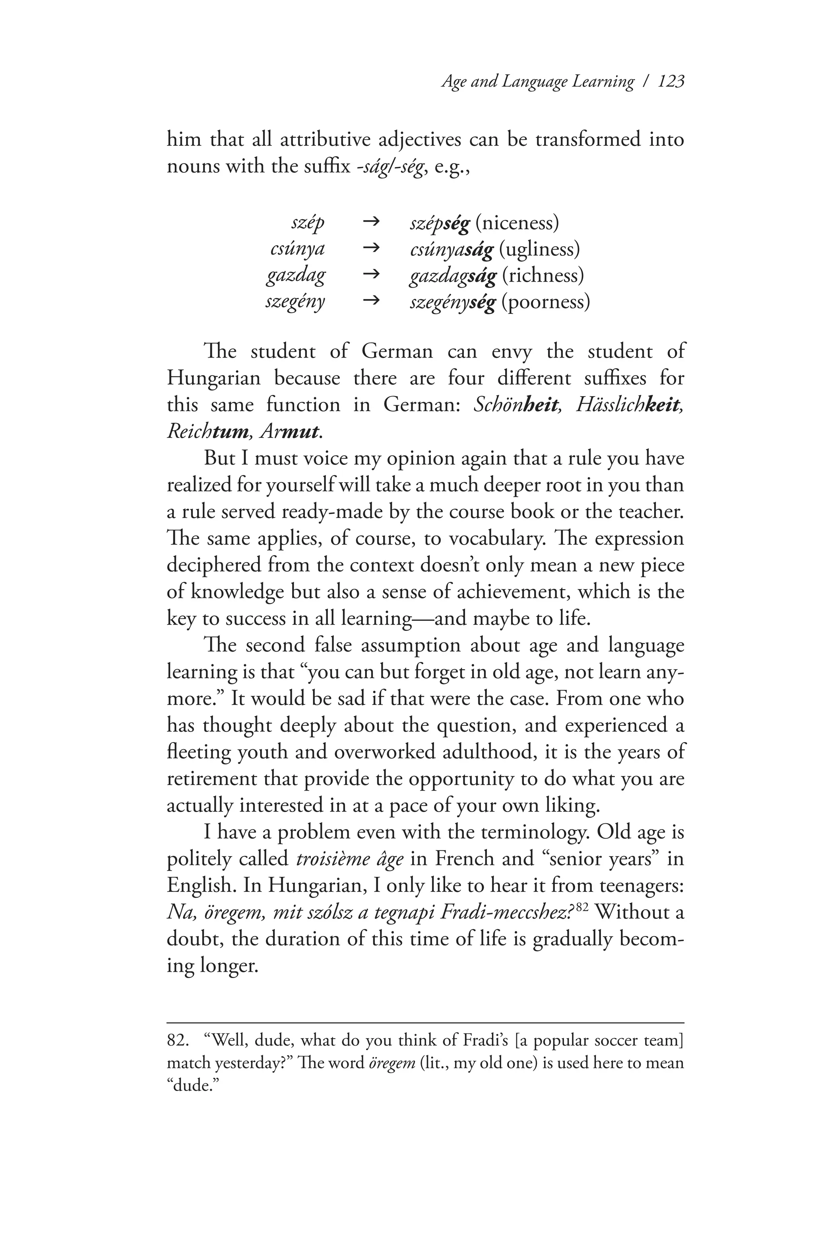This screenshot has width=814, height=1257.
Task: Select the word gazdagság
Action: tap(453, 276)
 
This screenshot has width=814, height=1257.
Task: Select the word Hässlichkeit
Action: tap(629, 405)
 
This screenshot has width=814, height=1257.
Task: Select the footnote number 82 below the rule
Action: tap(178, 1040)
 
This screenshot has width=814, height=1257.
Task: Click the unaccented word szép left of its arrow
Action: tap(307, 223)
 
